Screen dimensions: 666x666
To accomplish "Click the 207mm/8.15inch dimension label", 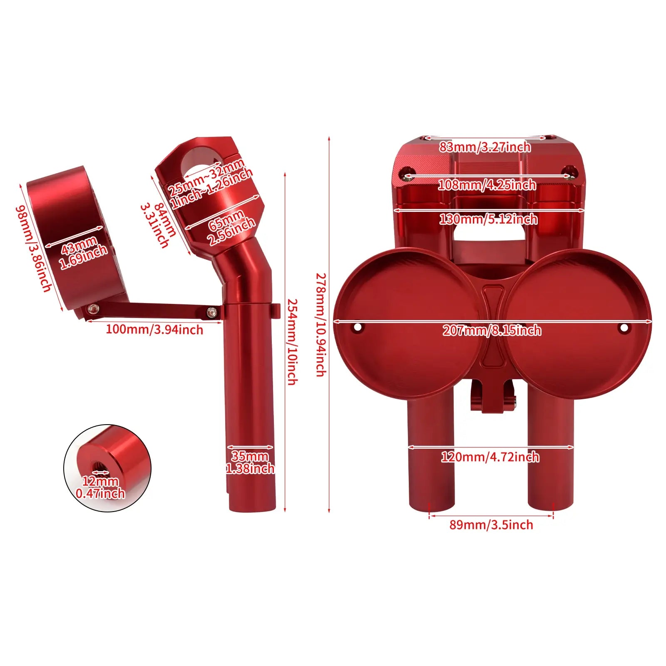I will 492,331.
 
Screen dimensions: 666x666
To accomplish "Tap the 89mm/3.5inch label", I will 491,524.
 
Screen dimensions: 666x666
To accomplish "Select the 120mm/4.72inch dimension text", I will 490,457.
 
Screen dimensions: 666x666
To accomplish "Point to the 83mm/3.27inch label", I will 485,147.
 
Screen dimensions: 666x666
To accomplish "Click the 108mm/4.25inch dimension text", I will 487,184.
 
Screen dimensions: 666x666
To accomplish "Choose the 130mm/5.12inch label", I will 488,219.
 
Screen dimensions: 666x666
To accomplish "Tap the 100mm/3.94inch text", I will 154,330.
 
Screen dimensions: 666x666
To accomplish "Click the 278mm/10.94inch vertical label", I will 320,325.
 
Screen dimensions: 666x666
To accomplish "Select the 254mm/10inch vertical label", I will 293,341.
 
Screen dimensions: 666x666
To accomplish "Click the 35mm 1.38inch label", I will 250,462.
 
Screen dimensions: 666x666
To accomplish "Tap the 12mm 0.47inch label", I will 100,487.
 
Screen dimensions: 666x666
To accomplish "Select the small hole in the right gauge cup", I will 624,328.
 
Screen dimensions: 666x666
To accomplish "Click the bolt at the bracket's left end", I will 94,308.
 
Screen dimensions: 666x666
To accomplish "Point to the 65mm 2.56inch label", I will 231,228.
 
